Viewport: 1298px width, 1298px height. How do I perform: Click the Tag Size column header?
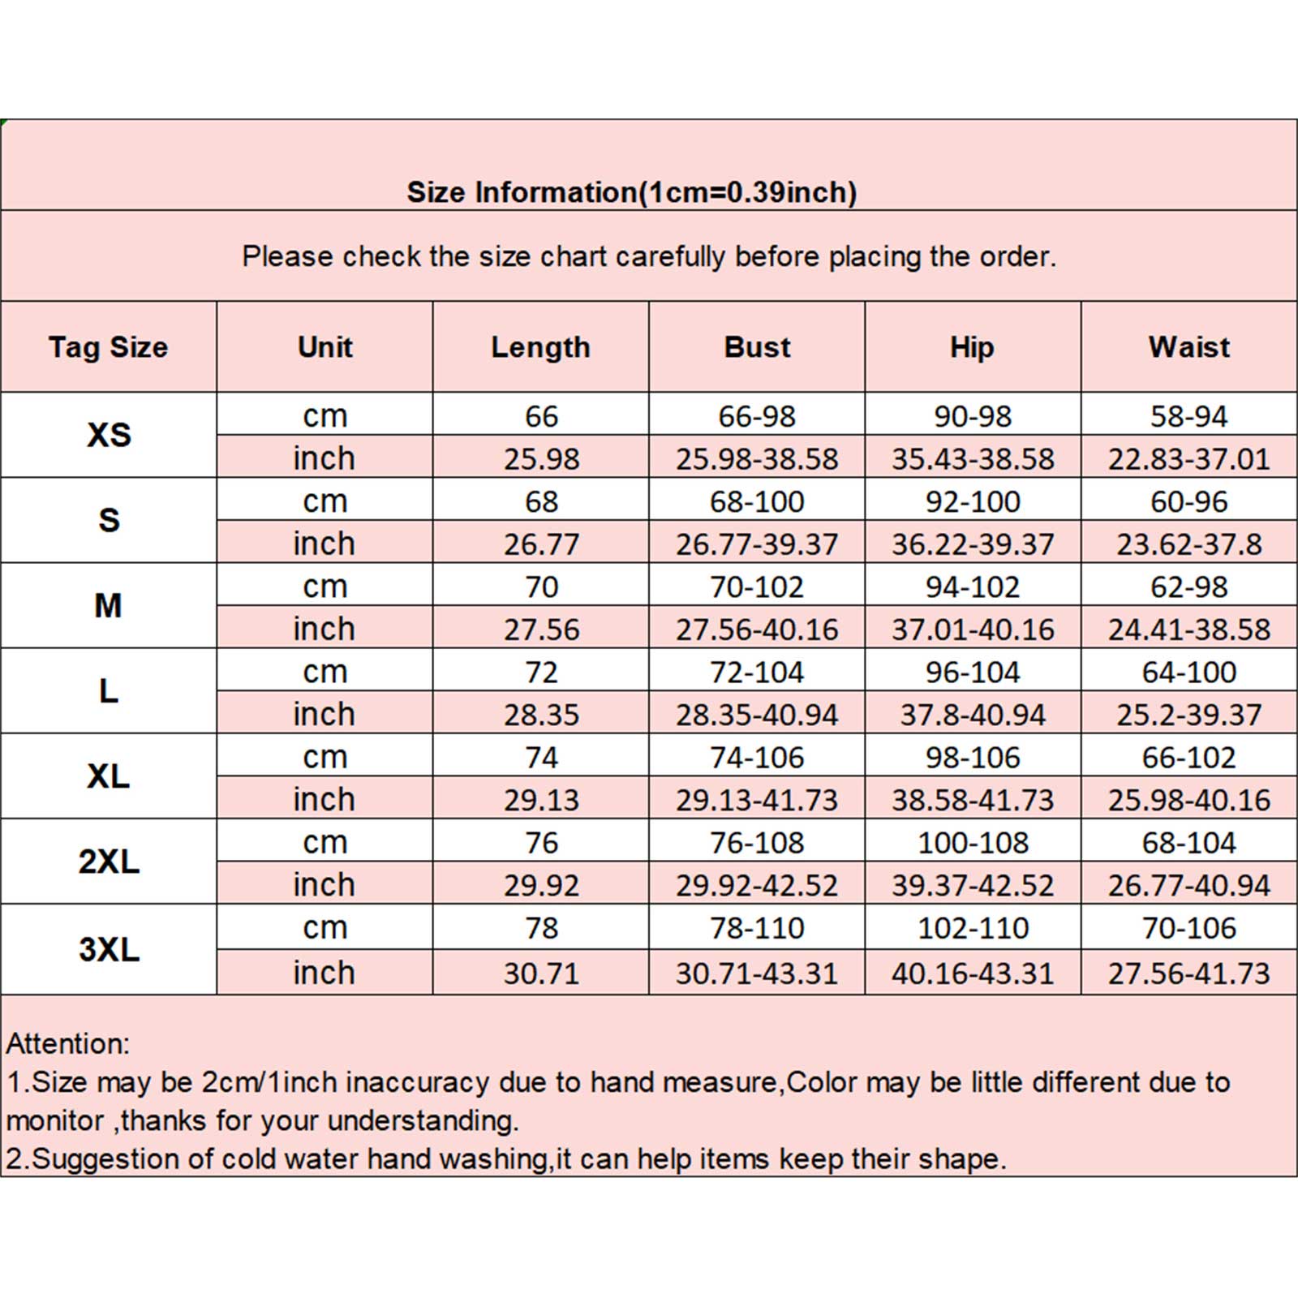(108, 347)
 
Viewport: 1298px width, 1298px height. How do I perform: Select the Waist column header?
(1188, 347)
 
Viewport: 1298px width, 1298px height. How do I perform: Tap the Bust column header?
(757, 347)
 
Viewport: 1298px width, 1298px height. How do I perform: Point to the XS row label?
(109, 436)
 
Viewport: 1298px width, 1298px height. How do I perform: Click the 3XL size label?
(109, 949)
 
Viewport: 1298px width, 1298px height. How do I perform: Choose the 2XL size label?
(109, 862)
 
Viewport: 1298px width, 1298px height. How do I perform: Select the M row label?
(109, 606)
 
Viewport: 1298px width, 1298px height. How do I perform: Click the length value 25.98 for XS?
(541, 459)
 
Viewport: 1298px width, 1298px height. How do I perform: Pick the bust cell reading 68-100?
(757, 502)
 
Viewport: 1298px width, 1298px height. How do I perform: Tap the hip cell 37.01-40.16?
(973, 630)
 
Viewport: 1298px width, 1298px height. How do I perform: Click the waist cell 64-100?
(1188, 673)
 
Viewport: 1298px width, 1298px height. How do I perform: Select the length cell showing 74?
(541, 758)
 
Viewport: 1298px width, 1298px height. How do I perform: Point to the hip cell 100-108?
(973, 843)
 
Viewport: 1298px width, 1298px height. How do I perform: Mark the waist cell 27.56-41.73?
(1188, 973)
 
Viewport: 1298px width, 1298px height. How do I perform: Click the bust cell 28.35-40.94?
(757, 715)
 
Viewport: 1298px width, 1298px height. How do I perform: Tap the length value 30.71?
(541, 973)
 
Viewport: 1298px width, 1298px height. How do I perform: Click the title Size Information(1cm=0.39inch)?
(631, 192)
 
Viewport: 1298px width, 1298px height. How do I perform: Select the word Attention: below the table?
(67, 1043)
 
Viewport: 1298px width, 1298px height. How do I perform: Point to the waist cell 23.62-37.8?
(1188, 544)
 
